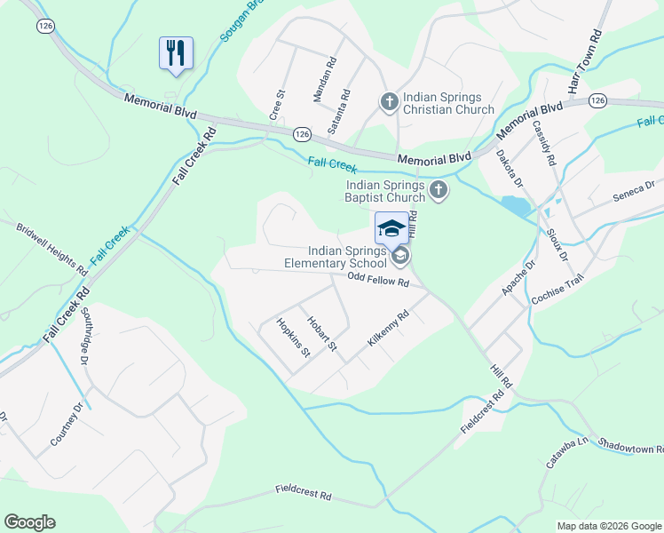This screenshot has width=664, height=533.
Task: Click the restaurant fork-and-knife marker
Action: point(176,53)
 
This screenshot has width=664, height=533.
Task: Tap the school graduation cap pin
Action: point(391,228)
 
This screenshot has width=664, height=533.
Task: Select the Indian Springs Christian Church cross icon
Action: point(388,102)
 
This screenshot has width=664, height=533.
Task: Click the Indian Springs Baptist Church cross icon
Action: point(438,189)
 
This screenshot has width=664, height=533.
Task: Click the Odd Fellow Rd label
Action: point(377,282)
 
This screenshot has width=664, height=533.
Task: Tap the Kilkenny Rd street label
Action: point(388,329)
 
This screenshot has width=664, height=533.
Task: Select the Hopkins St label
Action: point(293,338)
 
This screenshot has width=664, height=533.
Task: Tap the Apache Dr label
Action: point(518,278)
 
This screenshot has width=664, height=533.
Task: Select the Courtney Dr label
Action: point(67,424)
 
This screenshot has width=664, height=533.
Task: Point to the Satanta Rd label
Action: point(339,111)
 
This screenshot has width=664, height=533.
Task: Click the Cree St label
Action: point(278,104)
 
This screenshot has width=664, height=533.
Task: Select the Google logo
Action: point(29,522)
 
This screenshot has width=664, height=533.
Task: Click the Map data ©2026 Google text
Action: point(608,526)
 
